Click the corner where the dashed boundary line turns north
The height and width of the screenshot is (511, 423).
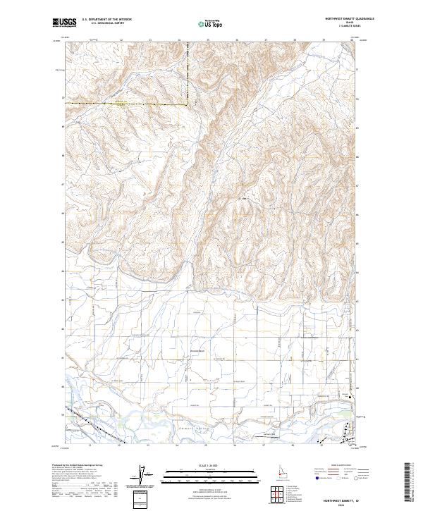pyautogui.click(x=188, y=104)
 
